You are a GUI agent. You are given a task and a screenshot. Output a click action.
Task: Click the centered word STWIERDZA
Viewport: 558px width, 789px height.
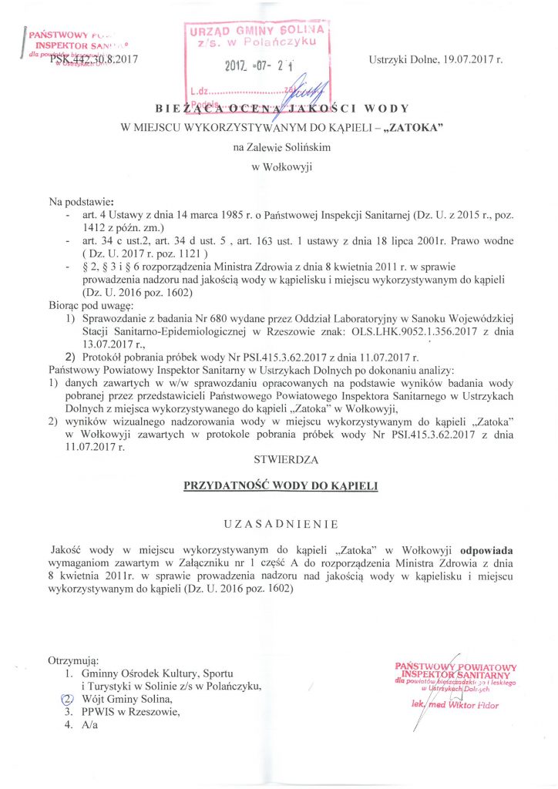pyautogui.click(x=278, y=460)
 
